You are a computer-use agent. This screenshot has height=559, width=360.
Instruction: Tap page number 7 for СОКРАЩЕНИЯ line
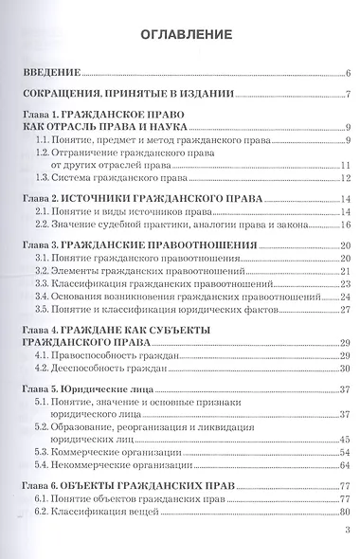[x=349, y=94]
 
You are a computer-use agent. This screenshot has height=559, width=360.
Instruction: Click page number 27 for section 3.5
[x=346, y=308]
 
